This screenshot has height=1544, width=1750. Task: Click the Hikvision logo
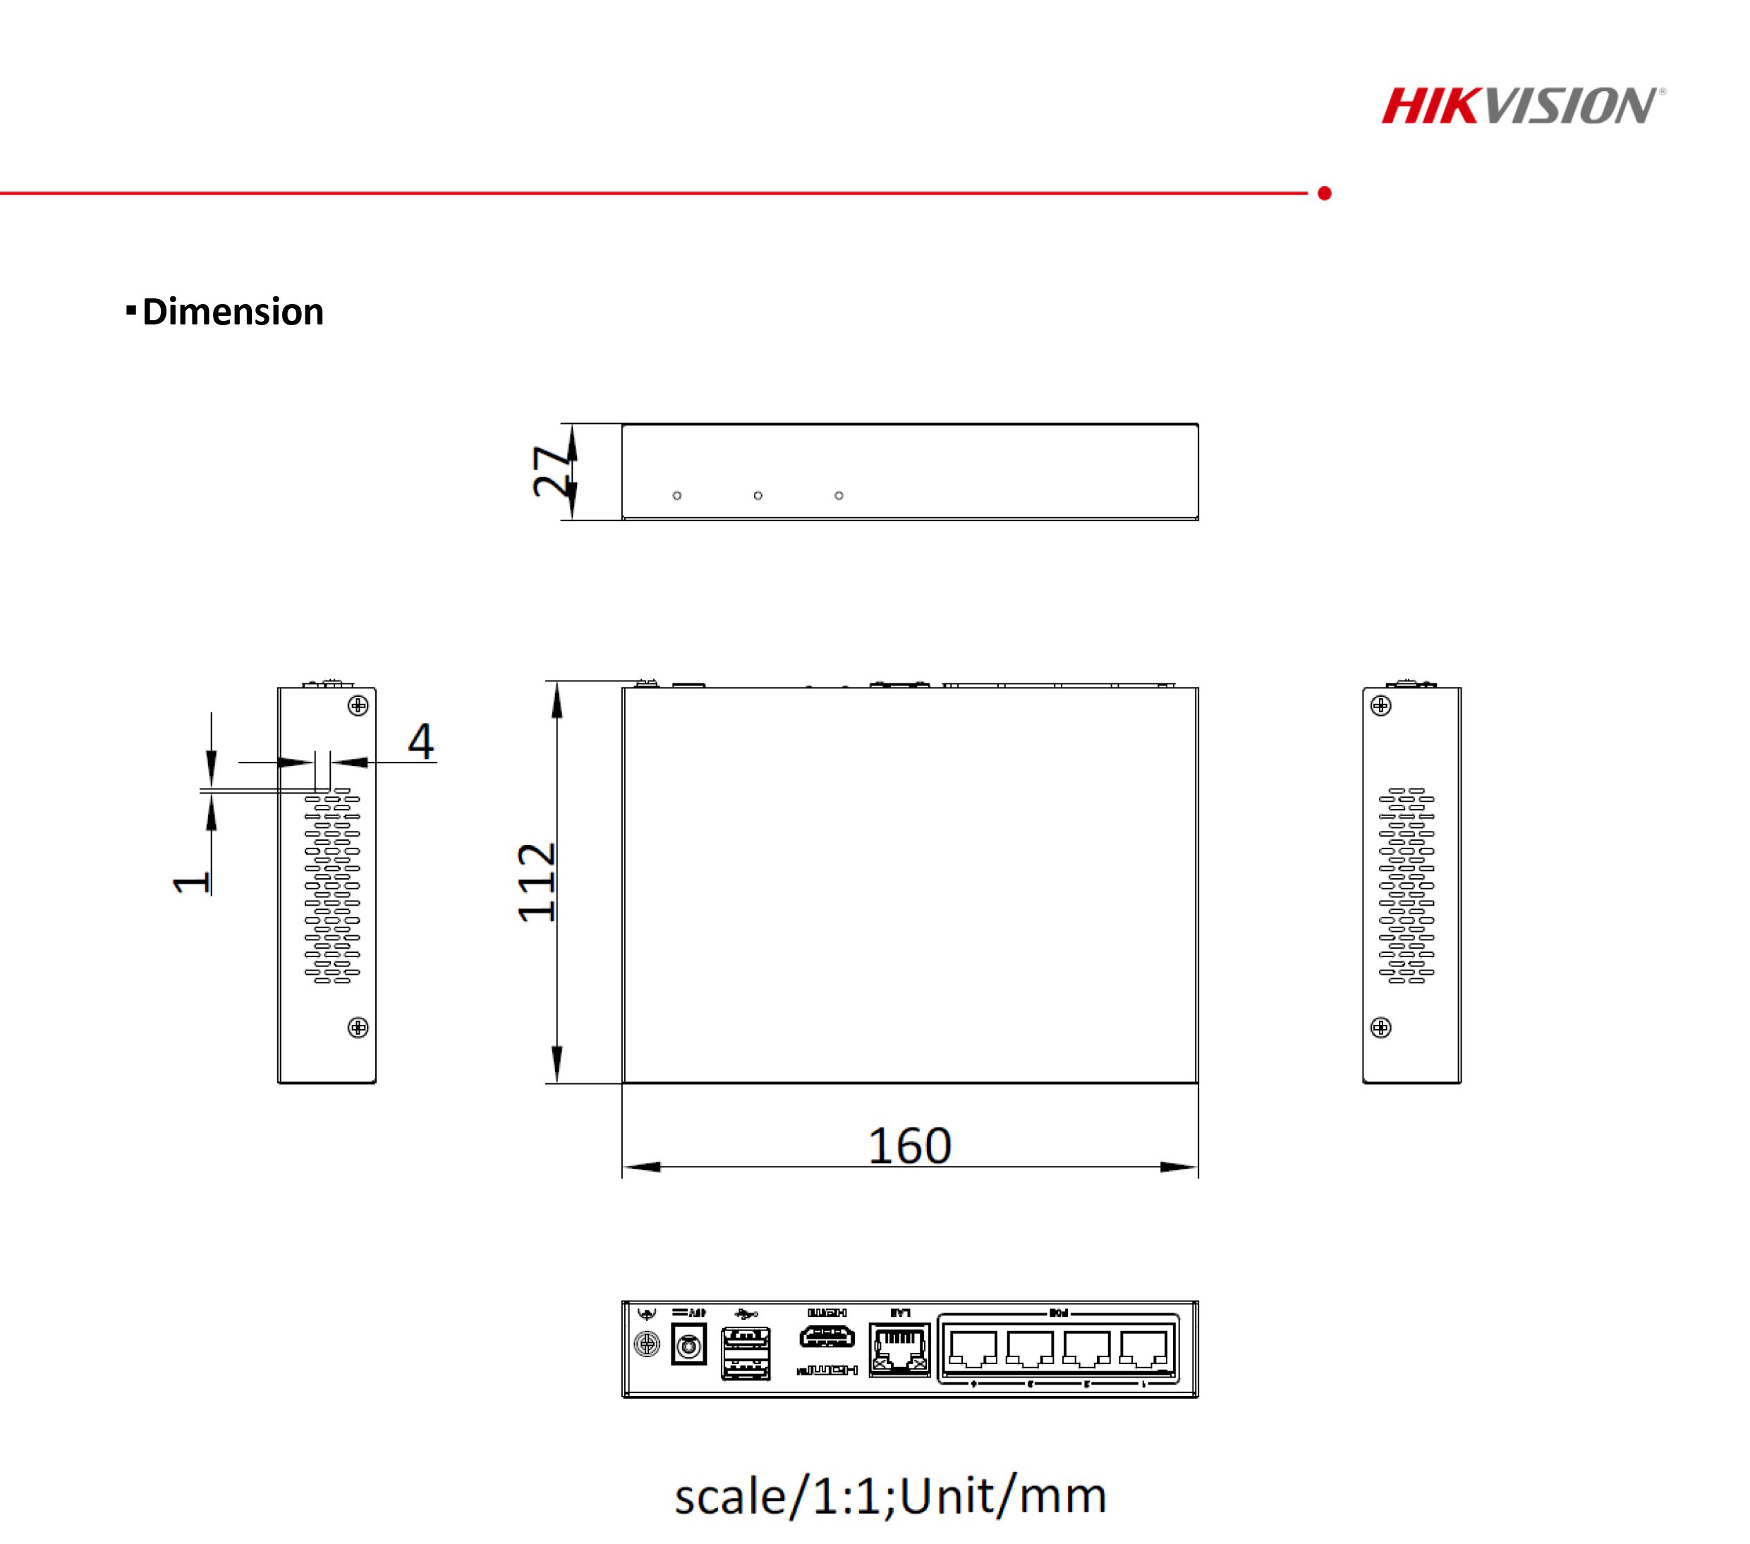pyautogui.click(x=1521, y=107)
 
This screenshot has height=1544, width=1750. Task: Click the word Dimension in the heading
pyautogui.click(x=232, y=312)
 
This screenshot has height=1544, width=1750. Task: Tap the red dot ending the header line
pyautogui.click(x=1325, y=193)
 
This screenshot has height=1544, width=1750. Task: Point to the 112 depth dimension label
pyautogui.click(x=537, y=882)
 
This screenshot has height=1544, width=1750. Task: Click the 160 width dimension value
pyautogui.click(x=909, y=1145)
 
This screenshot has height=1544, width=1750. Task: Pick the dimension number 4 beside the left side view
pyautogui.click(x=420, y=741)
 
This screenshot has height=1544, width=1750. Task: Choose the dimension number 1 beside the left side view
pyautogui.click(x=190, y=882)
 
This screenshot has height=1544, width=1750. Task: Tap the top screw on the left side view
pyautogui.click(x=358, y=705)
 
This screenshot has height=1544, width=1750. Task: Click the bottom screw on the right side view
pyautogui.click(x=1381, y=1028)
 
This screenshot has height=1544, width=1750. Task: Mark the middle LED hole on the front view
pyautogui.click(x=758, y=496)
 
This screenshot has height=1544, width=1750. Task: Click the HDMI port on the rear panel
pyautogui.click(x=826, y=1336)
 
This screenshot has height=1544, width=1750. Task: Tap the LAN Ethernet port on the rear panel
pyautogui.click(x=899, y=1349)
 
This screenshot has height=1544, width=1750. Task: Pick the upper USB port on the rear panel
pyautogui.click(x=746, y=1337)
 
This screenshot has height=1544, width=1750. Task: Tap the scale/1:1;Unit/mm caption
pyautogui.click(x=890, y=1496)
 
